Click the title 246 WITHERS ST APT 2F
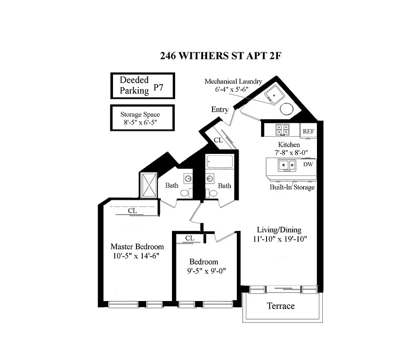tap(221, 56)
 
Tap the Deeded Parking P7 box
tap(143, 85)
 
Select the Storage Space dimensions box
tap(143, 118)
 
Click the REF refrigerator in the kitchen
tap(308, 131)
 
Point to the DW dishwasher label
tap(308, 164)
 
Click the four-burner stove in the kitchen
tap(282, 130)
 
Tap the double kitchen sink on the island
tap(286, 166)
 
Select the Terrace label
tap(280, 306)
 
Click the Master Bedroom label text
tap(137, 247)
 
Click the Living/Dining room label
tap(279, 229)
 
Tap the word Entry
tap(220, 110)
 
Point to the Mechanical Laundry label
tap(233, 81)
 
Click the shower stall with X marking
tap(149, 185)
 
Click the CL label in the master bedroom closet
tap(132, 210)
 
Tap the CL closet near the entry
tap(218, 140)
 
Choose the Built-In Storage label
tap(292, 187)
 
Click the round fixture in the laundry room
tap(287, 109)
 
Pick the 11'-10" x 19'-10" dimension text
tap(279, 238)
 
